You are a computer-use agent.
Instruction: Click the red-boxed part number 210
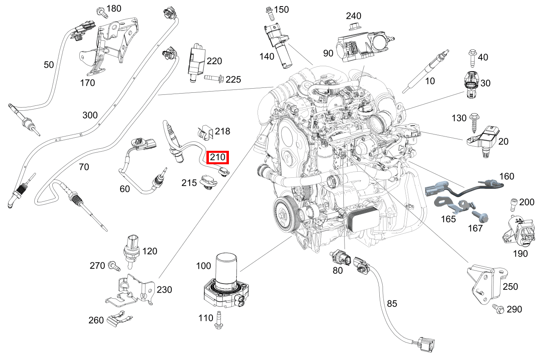click(x=217, y=157)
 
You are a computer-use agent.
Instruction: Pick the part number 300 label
click(x=90, y=115)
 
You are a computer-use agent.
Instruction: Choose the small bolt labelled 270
click(x=114, y=266)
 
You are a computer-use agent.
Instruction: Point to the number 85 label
click(x=392, y=304)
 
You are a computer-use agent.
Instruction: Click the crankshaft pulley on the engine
click(x=283, y=213)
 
